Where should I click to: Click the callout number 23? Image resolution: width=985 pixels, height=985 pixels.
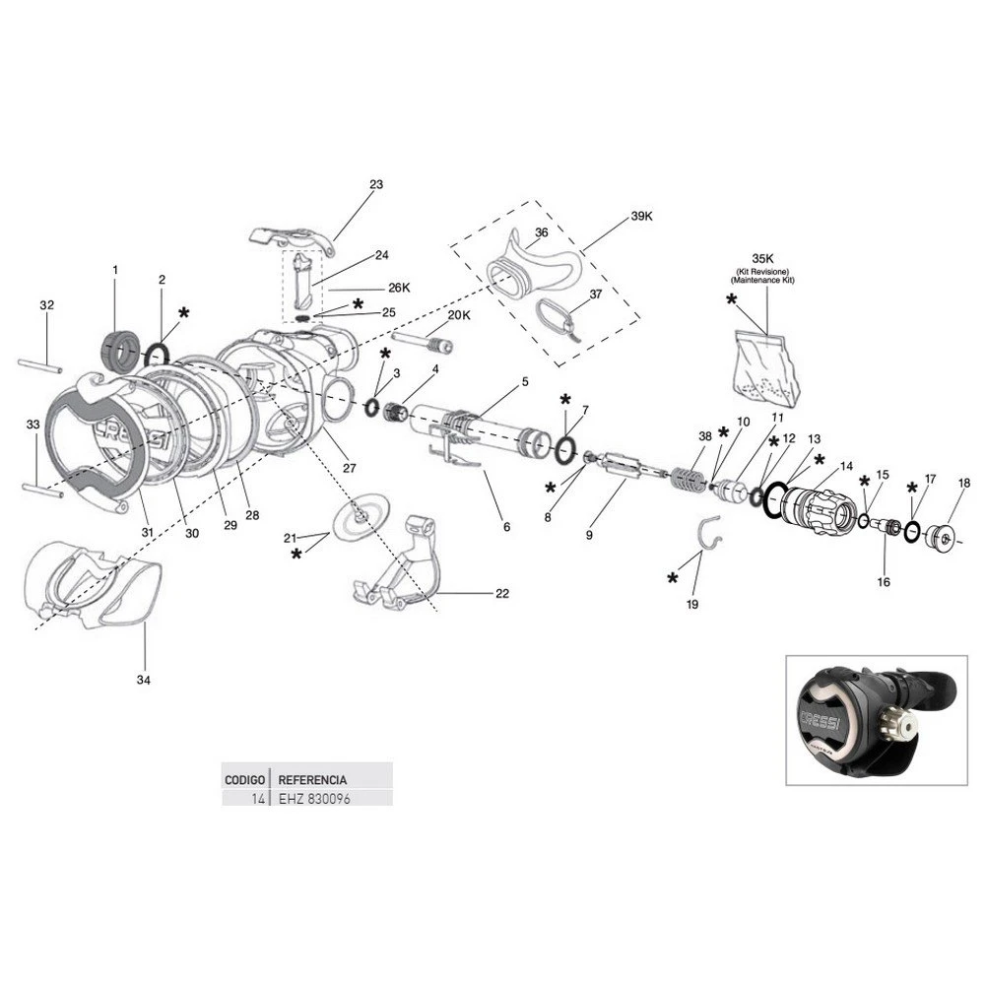[x=375, y=184]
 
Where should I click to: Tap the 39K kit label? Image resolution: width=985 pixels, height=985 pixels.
[x=641, y=216]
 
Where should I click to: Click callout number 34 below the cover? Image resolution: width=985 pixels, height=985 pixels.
[x=145, y=680]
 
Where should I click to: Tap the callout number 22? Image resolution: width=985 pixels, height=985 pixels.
[x=502, y=594]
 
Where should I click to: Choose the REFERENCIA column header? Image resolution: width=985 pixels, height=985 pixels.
[x=312, y=778]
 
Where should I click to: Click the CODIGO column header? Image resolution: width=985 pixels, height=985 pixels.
[x=244, y=778]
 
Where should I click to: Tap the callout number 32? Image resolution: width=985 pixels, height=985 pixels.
[x=46, y=305]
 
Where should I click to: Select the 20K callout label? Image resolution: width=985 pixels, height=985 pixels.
[x=459, y=315]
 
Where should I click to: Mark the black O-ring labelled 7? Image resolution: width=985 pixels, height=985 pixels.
[x=564, y=450]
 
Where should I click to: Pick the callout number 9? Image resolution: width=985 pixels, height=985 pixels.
[x=589, y=535]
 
